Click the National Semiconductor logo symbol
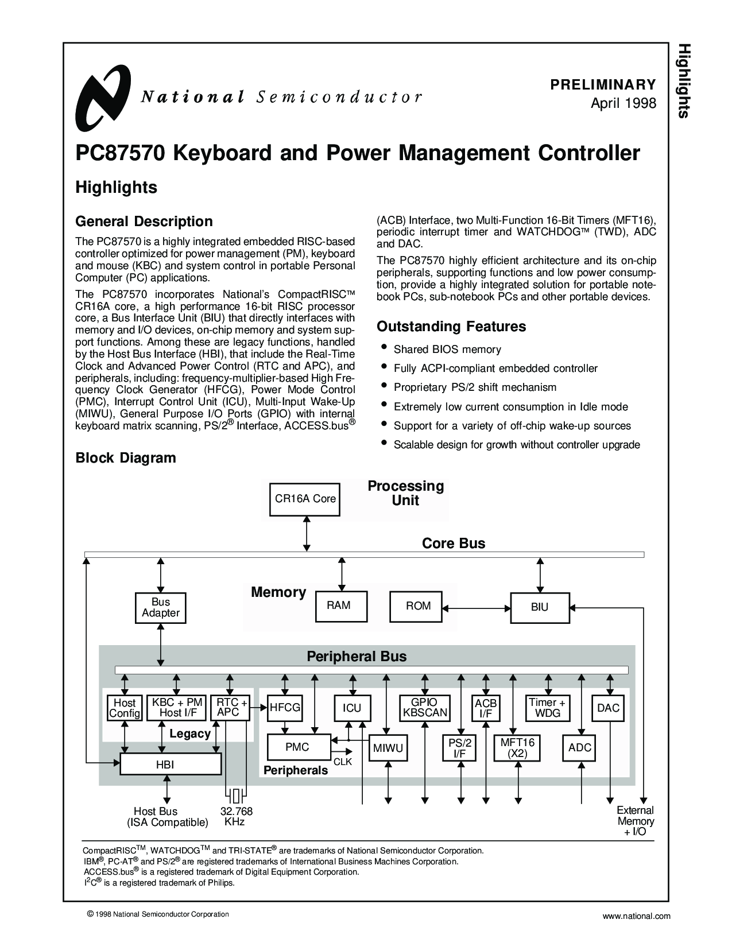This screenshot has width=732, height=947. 103,98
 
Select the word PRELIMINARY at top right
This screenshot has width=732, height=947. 603,84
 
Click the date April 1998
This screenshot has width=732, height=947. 623,103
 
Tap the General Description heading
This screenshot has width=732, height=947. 144,222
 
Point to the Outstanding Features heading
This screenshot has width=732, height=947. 451,327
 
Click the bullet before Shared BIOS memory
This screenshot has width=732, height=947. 384,347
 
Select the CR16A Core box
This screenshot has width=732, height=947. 305,499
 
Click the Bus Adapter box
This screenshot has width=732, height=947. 160,608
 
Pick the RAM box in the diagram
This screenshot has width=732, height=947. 342,606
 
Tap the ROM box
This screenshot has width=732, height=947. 416,606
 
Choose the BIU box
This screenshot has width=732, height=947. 540,607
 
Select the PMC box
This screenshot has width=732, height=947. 299,747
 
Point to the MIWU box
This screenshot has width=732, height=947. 388,748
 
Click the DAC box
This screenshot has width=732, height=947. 608,708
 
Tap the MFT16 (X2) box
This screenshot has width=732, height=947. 517,748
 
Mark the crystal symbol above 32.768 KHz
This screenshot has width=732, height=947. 236,796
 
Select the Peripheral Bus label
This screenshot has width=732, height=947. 357,657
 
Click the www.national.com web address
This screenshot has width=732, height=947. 637,916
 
